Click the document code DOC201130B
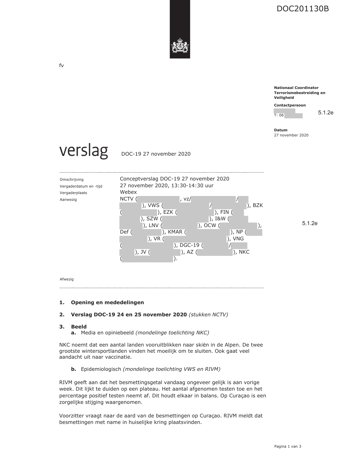pyautogui.click(x=302, y=9)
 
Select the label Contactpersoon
pyautogui.click(x=290, y=105)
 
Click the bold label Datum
pyautogui.click(x=281, y=130)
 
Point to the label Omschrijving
pyautogui.click(x=72, y=180)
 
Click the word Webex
pyautogui.click(x=128, y=192)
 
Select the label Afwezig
pyautogui.click(x=67, y=279)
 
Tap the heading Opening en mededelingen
pyautogui.click(x=107, y=302)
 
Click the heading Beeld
pyautogui.click(x=79, y=327)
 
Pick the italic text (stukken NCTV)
pyautogui.click(x=208, y=315)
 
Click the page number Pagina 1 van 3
pyautogui.click(x=288, y=447)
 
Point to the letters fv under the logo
pyautogui.click(x=62, y=66)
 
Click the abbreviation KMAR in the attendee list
pyautogui.click(x=175, y=232)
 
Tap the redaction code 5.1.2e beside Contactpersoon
pyautogui.click(x=326, y=113)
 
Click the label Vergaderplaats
pyautogui.click(x=73, y=193)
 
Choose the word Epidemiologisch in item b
pyautogui.click(x=101, y=369)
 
